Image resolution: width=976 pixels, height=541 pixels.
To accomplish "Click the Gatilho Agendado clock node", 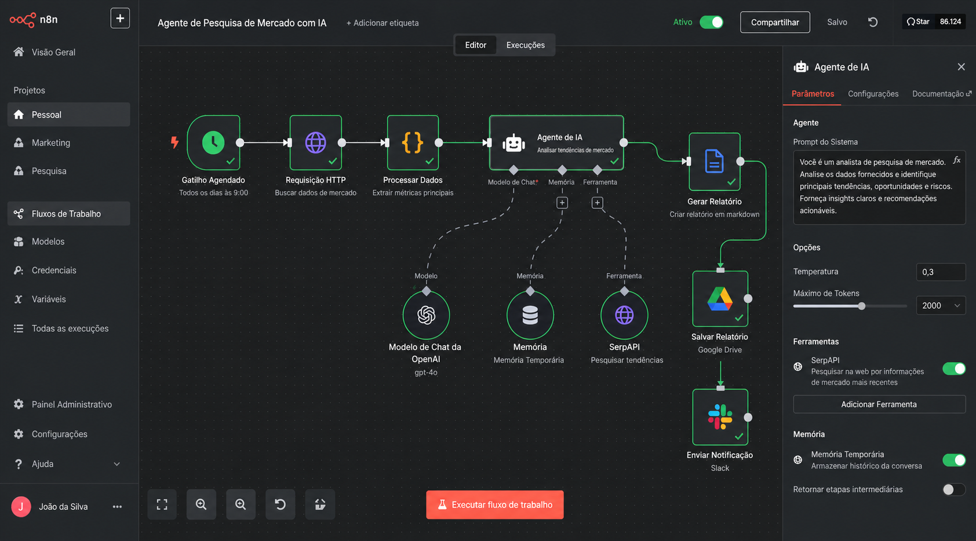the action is [213, 142].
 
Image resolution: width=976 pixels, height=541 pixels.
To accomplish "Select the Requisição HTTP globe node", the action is [315, 142].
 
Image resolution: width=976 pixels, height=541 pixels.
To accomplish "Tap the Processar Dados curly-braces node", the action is [413, 142].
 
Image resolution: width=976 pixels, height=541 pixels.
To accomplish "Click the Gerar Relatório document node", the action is [715, 162].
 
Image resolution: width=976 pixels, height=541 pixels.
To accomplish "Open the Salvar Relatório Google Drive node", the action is [720, 299].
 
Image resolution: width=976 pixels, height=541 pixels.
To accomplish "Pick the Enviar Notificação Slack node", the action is [720, 417].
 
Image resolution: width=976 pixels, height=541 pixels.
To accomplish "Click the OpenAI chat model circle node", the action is [426, 315].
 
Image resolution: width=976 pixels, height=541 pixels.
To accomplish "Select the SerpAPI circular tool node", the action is [624, 315].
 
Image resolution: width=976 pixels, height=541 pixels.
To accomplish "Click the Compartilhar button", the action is [775, 22].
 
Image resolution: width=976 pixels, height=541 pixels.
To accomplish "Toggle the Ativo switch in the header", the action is [711, 22].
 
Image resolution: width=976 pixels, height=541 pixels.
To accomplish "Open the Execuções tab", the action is [526, 45].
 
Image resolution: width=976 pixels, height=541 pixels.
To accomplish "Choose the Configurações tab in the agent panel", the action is [873, 94].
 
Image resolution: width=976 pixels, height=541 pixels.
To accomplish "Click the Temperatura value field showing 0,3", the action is [941, 272].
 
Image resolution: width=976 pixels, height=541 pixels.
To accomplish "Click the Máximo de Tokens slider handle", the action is [861, 306].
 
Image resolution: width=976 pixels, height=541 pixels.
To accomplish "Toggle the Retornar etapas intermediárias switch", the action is [953, 489].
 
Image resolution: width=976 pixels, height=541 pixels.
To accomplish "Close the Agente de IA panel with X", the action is [961, 67].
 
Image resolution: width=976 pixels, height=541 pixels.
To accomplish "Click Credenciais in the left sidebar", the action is [54, 270].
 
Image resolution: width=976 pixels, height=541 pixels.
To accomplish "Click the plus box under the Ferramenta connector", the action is [598, 203].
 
